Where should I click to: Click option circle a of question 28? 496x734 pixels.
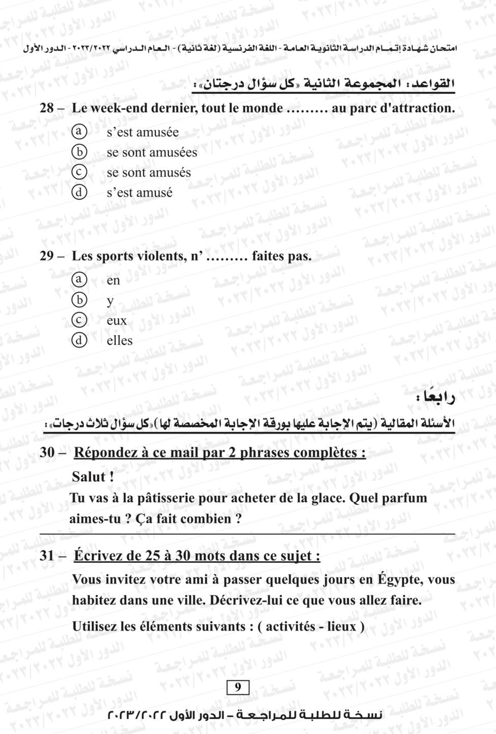78,132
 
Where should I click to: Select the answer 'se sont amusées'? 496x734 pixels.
151,152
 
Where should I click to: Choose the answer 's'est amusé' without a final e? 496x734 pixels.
139,193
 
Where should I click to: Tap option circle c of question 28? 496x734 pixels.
78,172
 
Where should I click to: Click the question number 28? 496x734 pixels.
47,108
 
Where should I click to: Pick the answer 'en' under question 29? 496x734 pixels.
113,280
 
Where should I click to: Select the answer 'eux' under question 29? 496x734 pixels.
117,321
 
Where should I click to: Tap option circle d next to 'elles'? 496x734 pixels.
78,340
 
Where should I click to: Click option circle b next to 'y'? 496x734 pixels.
78,300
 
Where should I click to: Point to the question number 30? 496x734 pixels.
47,453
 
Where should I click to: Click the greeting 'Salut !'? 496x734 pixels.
93,477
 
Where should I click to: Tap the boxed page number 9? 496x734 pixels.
238,688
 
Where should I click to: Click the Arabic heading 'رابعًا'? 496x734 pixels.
435,398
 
